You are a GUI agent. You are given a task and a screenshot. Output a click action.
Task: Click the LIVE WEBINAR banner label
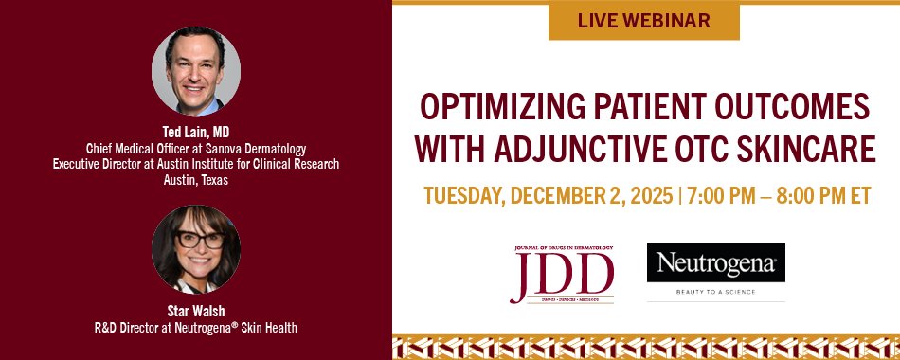click(x=643, y=21)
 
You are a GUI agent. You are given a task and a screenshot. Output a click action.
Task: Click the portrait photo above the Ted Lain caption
click(x=196, y=71)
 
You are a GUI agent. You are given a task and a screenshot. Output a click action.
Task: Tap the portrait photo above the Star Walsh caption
click(x=196, y=249)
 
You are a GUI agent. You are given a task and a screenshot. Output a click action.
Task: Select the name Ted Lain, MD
click(x=196, y=132)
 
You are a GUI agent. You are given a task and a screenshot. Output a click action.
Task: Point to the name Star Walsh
click(x=196, y=311)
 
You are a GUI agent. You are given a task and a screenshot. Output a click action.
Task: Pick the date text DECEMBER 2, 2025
click(x=591, y=196)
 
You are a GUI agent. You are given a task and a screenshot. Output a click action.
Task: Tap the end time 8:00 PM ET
click(x=824, y=196)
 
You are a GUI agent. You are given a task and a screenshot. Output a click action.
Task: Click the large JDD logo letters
click(x=562, y=273)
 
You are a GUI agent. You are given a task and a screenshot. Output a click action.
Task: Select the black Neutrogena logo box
click(x=716, y=263)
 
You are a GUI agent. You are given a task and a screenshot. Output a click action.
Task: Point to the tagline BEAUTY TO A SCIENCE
click(x=716, y=292)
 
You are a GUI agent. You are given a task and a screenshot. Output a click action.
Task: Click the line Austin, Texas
click(x=196, y=180)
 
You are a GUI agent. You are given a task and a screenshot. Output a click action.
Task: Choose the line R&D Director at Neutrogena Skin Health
click(x=196, y=328)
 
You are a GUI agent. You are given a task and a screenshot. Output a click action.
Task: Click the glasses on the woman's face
click(x=200, y=240)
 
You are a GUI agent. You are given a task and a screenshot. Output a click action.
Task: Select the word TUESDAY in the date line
click(x=464, y=196)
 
